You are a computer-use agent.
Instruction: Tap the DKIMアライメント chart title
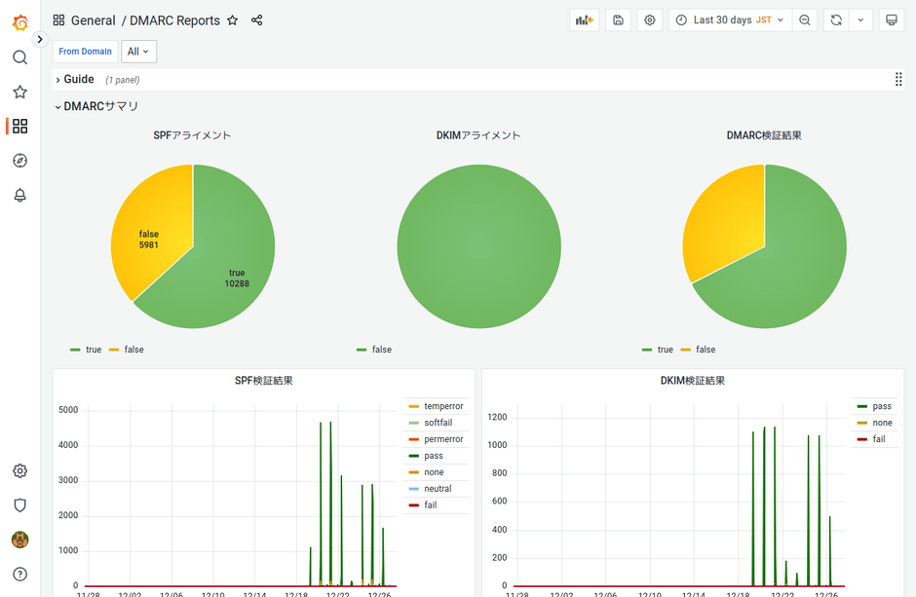point(478,135)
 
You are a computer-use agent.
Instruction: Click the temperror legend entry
point(443,406)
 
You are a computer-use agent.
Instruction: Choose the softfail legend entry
point(438,423)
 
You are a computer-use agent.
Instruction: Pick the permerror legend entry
point(443,439)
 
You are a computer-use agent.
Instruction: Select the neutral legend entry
point(438,489)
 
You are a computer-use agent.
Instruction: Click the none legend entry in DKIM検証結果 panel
point(882,423)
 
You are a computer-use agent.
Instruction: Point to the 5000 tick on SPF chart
point(68,410)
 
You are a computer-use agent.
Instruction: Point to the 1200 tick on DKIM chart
point(497,418)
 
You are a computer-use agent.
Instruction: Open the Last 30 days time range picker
point(731,20)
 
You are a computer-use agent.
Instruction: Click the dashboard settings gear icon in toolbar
point(650,20)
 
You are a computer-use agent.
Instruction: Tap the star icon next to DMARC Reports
point(233,20)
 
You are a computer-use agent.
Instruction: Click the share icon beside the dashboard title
point(257,20)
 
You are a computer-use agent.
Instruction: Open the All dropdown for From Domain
point(138,52)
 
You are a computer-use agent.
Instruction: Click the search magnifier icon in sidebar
point(19,57)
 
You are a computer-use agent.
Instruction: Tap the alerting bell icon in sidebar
point(19,195)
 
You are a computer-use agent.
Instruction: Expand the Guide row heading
point(78,80)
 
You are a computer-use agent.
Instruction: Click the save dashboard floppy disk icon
point(618,20)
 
